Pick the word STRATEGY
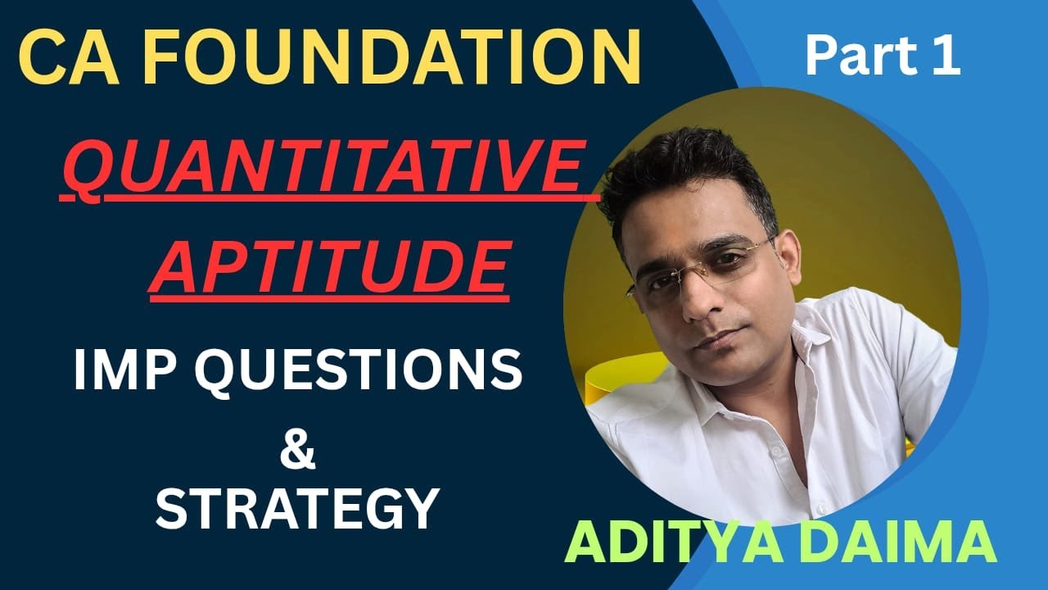297,508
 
